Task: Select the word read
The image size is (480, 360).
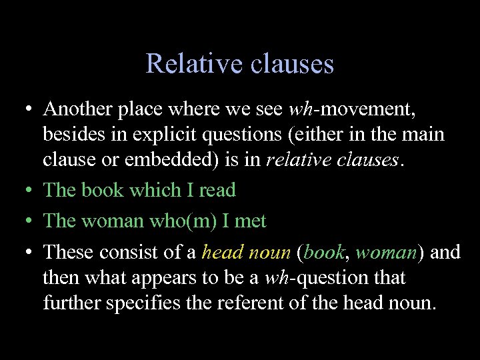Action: (217, 190)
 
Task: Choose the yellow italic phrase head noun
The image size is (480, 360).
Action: (246, 252)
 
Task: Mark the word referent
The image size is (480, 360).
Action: (227, 303)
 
